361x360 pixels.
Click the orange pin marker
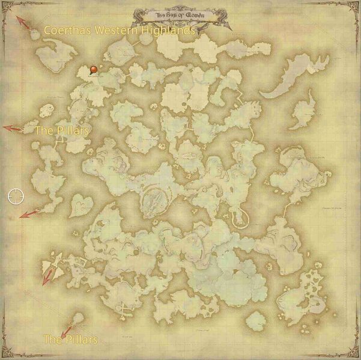tap(94, 70)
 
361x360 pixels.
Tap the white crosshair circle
tap(16, 195)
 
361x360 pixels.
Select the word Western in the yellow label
tap(118, 30)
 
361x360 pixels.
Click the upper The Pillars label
tap(62, 130)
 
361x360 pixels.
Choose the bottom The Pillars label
tap(70, 340)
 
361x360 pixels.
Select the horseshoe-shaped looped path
tap(243, 215)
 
